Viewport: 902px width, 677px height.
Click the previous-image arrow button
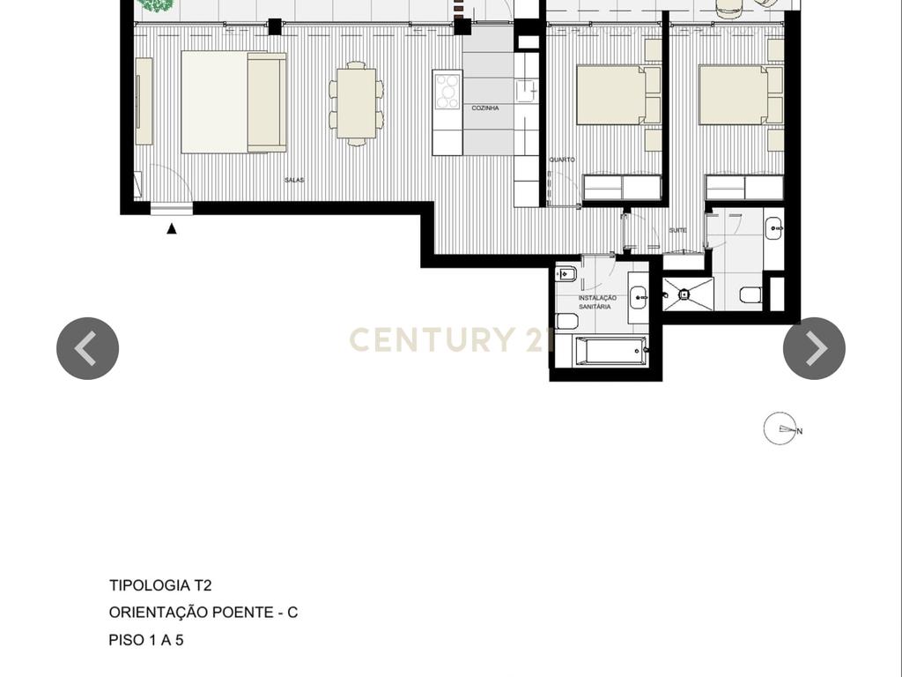87,348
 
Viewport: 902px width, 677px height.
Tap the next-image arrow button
814,348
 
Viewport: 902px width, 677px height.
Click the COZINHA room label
485,108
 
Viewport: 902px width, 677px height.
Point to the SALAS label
294,180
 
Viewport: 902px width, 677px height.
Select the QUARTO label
562,160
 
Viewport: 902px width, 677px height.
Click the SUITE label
677,230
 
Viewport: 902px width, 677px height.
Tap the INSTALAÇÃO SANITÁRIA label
596,302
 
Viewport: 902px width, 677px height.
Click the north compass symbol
781,429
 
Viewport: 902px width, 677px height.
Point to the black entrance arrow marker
172,228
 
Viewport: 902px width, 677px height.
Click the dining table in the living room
357,104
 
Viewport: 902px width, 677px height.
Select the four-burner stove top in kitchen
447,91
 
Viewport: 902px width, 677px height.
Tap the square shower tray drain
684,294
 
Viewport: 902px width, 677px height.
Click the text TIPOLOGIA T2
160,585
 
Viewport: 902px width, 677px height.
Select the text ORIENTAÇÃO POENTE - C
203,612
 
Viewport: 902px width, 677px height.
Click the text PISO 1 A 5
146,640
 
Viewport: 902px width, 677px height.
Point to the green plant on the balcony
157,5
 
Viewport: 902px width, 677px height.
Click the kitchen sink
527,92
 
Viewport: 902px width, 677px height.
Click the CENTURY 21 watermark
450,339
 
